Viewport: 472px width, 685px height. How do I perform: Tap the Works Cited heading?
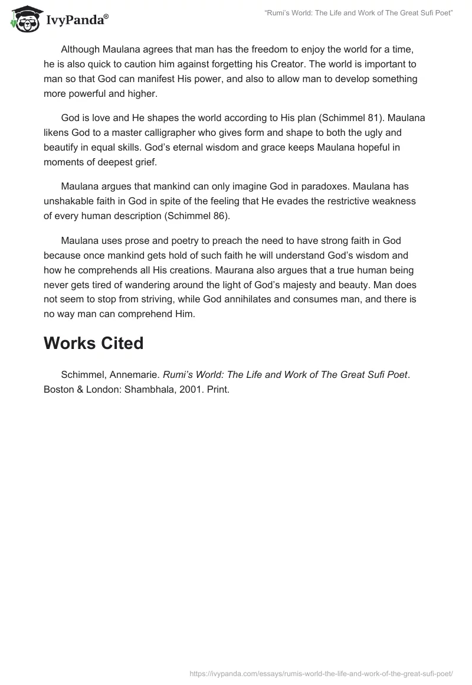(93, 343)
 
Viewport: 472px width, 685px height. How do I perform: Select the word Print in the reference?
(217, 390)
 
